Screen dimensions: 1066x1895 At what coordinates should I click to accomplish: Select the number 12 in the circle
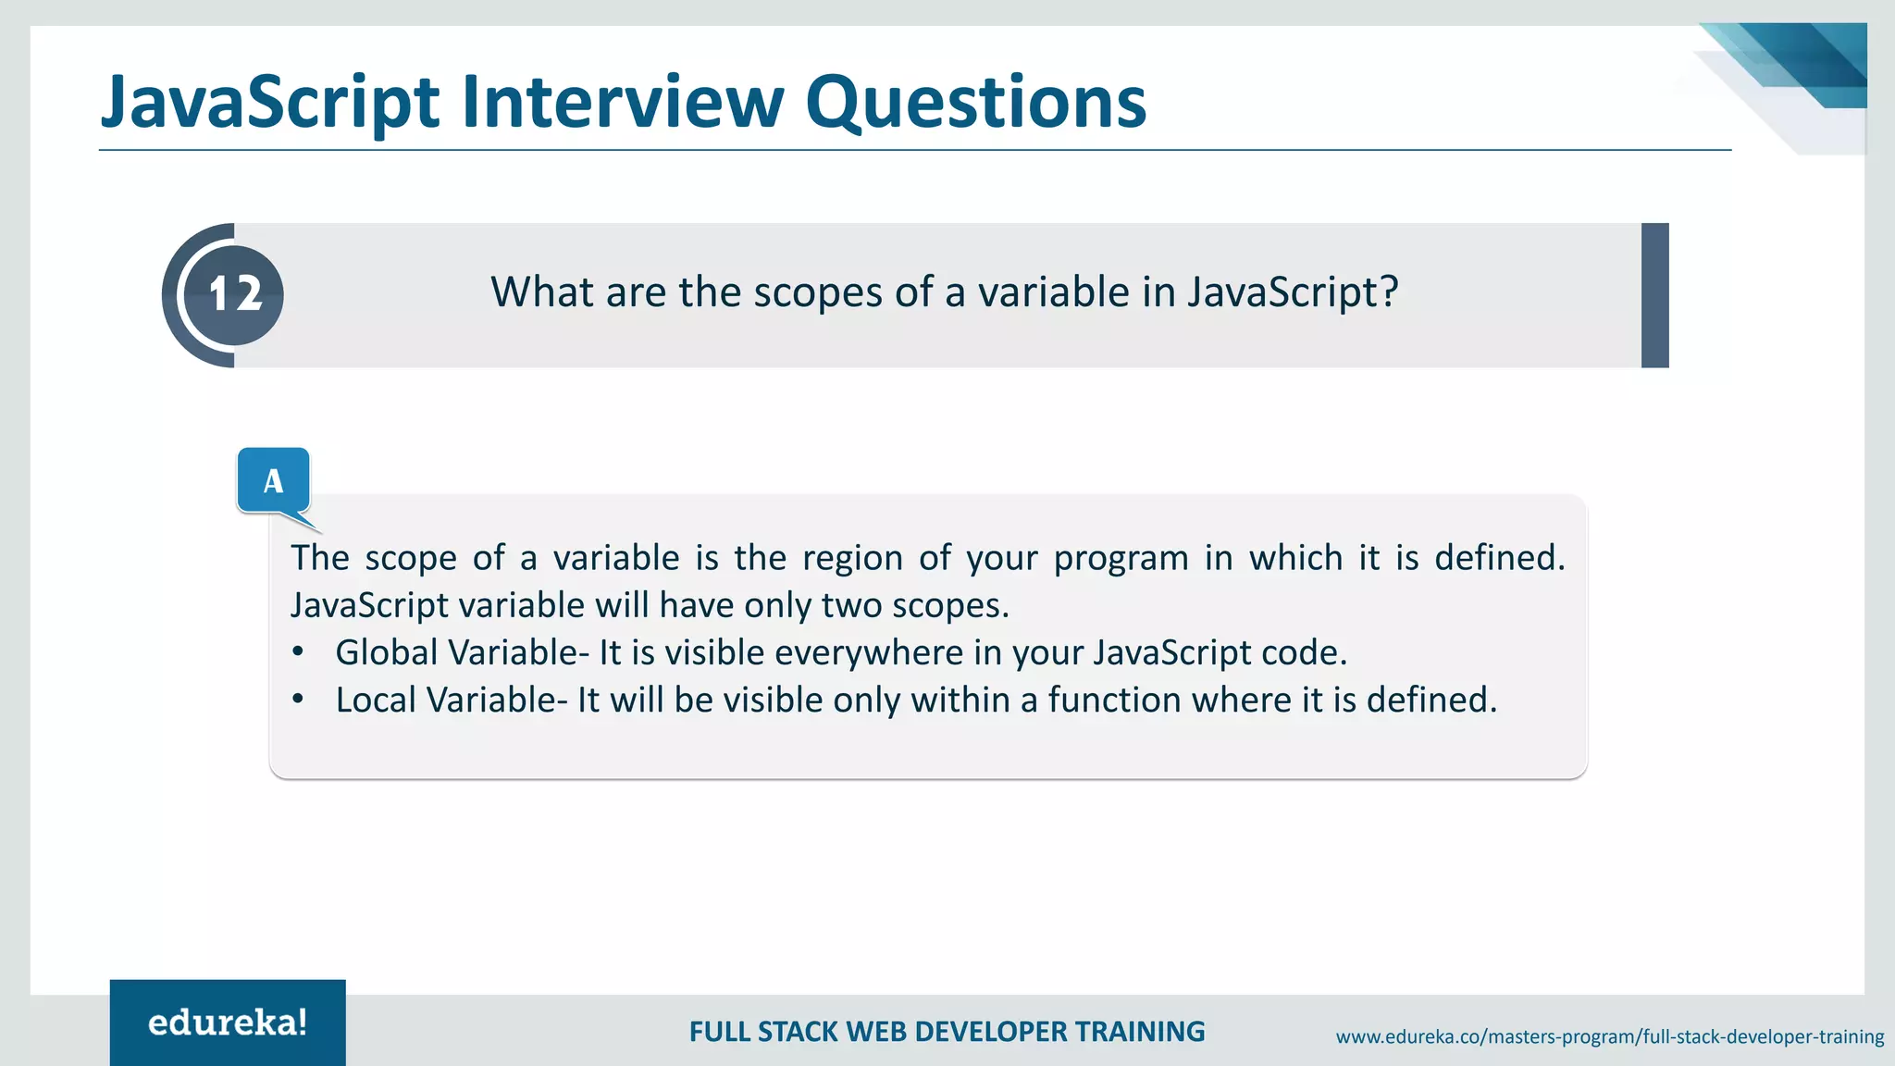point(234,294)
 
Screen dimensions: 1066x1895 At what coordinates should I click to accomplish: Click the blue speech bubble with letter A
point(273,481)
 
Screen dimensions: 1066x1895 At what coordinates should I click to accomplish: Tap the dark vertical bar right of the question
point(1654,295)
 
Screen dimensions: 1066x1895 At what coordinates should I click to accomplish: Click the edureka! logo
point(228,1023)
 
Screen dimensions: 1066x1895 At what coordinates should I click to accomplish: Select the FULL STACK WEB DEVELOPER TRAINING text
point(947,1032)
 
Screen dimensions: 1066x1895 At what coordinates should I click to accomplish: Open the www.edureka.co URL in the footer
point(1609,1037)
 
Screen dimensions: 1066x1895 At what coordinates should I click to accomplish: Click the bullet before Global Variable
point(297,652)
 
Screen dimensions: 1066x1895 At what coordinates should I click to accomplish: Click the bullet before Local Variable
point(297,700)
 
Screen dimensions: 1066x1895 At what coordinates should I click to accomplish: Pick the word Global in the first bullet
point(386,653)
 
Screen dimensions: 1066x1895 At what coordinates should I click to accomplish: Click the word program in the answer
point(1121,559)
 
